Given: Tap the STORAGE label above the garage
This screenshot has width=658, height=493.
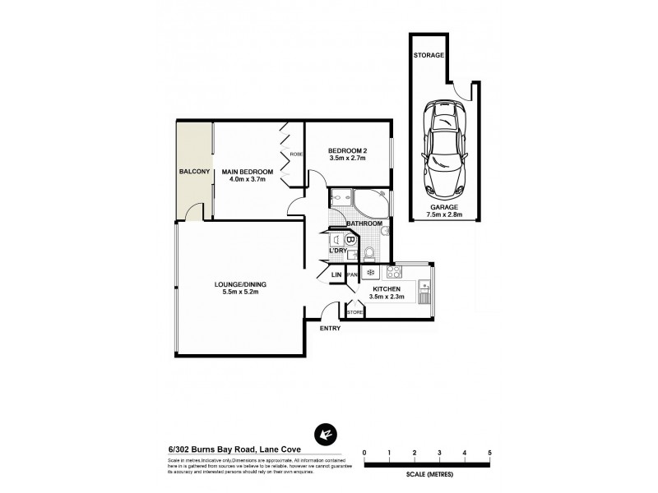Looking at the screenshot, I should (429, 55).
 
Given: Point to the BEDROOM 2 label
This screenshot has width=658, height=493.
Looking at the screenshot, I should (347, 150).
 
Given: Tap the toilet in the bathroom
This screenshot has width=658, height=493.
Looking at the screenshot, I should (370, 252).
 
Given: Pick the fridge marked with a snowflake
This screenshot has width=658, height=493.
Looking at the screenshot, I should (370, 273).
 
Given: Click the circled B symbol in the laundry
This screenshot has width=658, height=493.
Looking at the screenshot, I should (350, 241).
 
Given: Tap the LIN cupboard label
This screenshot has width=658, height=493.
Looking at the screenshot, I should (336, 274).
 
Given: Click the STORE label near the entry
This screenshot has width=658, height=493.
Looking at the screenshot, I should (354, 312).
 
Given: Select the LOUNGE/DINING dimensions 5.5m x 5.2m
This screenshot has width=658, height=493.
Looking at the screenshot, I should (240, 293).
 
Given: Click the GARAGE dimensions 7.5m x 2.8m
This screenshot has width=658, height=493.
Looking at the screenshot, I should (444, 214).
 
